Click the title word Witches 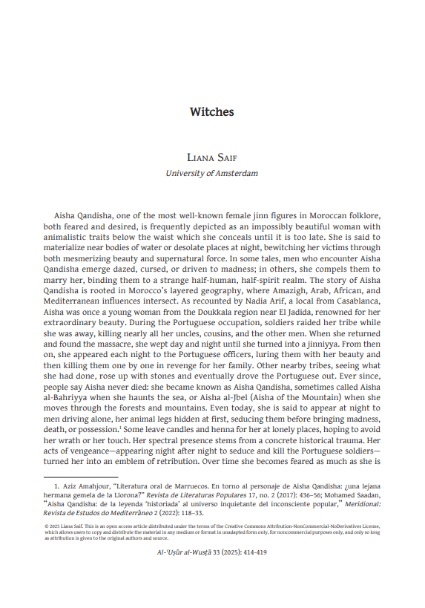pos(212,112)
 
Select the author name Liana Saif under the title pos(212,157)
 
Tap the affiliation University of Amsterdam pos(212,174)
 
